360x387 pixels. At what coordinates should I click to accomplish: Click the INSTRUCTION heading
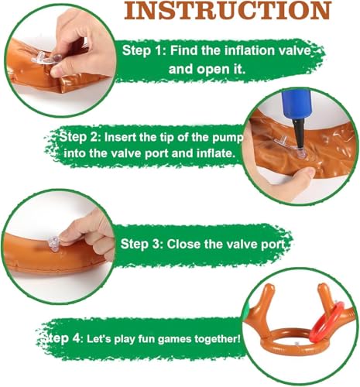(228, 10)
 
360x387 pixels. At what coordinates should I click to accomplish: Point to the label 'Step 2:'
(80, 137)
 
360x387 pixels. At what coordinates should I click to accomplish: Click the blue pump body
(295, 103)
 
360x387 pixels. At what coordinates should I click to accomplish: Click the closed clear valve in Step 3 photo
(54, 244)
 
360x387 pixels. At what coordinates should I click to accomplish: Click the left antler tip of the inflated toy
(269, 287)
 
